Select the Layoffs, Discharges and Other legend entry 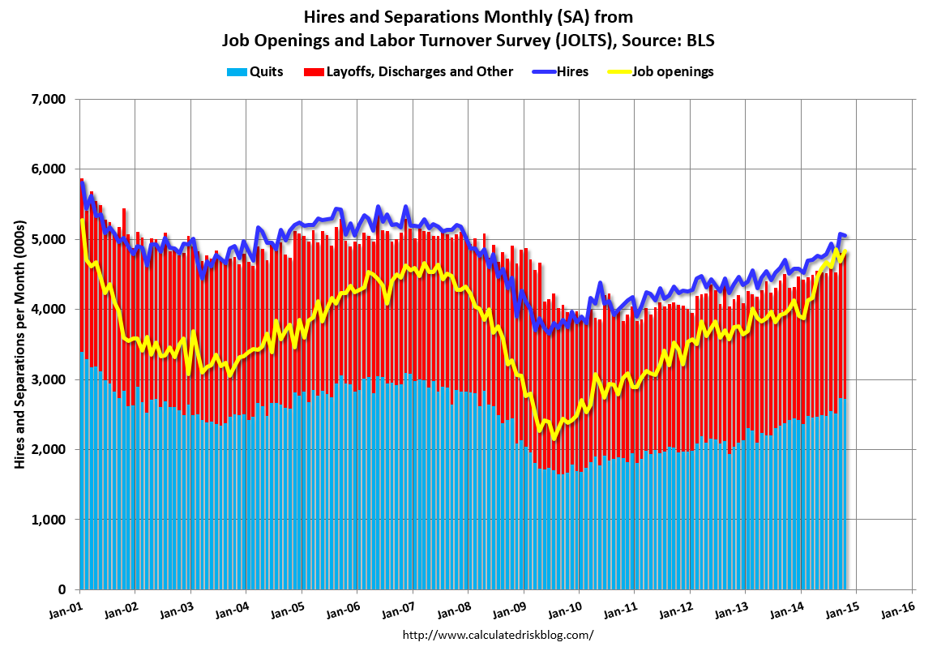(419, 71)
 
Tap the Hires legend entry (572, 71)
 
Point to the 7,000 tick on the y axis (47, 100)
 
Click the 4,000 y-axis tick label (47, 310)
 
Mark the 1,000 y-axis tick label (47, 520)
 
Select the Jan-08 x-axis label (454, 606)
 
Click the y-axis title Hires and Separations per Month (19, 345)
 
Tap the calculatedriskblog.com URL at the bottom (498, 635)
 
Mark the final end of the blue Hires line (845, 236)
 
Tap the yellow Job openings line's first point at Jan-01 (82, 220)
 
